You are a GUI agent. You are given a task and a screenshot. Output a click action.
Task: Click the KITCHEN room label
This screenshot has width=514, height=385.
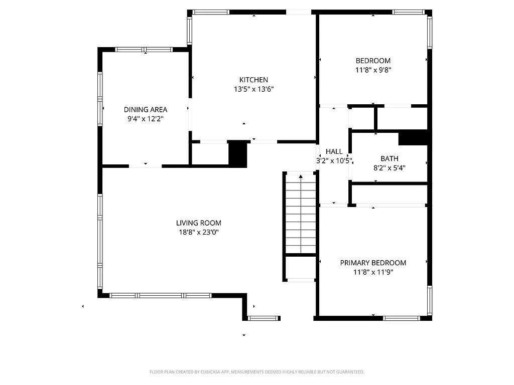tap(253, 80)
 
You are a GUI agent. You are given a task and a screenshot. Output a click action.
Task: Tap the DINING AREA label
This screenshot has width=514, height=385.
tap(146, 109)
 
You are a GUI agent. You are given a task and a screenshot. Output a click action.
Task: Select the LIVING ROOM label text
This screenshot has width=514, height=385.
tap(198, 223)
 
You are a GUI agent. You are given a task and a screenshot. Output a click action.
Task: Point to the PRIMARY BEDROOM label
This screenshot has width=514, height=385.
tap(373, 263)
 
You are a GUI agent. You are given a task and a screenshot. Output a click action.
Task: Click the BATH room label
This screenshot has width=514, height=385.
tap(389, 158)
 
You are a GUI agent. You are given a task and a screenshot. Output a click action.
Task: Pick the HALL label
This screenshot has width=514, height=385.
tap(334, 151)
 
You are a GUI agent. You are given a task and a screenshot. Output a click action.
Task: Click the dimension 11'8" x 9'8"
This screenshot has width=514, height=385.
tap(373, 71)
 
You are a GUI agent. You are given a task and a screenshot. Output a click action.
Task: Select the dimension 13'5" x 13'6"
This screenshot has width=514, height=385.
tap(253, 89)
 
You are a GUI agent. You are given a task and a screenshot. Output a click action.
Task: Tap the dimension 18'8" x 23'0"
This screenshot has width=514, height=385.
tap(198, 233)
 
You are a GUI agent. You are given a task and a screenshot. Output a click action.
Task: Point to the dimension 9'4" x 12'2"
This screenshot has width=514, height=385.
tap(146, 119)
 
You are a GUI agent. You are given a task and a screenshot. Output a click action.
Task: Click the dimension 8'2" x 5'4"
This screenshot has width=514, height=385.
tap(389, 168)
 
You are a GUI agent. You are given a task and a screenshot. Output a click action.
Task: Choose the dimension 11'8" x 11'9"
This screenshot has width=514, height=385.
tap(373, 272)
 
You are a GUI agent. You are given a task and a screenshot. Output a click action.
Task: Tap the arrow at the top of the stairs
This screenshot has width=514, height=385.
tap(300, 176)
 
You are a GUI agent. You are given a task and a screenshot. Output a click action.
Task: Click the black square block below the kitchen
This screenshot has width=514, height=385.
tap(238, 154)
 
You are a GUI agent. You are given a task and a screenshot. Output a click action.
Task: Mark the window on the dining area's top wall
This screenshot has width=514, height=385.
tap(144, 50)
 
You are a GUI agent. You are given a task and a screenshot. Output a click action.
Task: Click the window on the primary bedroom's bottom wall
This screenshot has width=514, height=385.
tap(402, 318)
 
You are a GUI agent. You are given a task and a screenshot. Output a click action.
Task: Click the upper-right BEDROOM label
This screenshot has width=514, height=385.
tap(373, 61)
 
